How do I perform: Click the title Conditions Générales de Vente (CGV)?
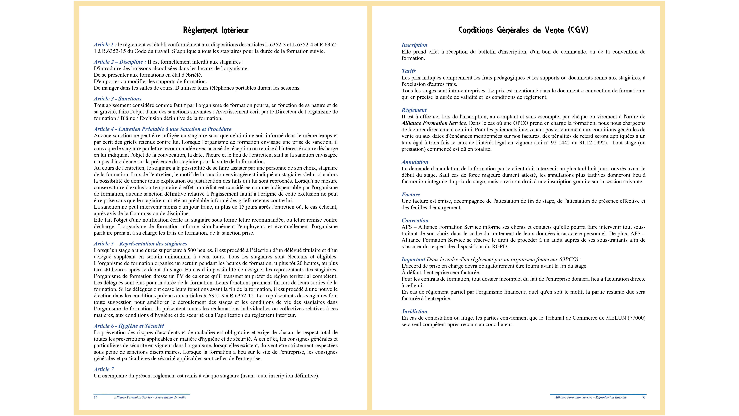pos(523,30)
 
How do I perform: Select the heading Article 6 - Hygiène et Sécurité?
pos(129,326)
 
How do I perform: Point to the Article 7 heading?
pos(104,369)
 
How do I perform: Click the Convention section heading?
pos(415,221)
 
